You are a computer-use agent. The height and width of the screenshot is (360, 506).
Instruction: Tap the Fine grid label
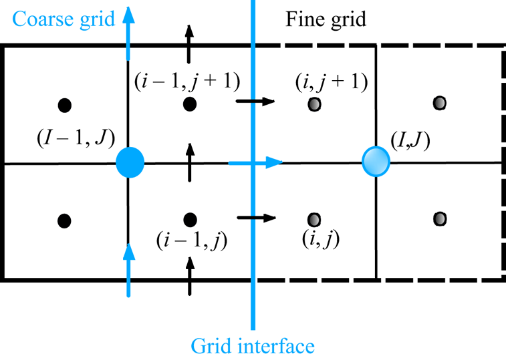pyautogui.click(x=326, y=19)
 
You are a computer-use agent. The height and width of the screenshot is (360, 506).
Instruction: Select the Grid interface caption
pyautogui.click(x=252, y=346)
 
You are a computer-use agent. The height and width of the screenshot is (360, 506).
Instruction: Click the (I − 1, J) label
pyautogui.click(x=75, y=140)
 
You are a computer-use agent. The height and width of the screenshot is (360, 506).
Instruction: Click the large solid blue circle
pyautogui.click(x=130, y=162)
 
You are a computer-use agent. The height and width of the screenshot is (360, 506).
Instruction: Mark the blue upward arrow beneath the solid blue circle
pyautogui.click(x=128, y=267)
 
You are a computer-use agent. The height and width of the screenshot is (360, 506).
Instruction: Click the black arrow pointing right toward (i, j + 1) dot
pyautogui.click(x=255, y=102)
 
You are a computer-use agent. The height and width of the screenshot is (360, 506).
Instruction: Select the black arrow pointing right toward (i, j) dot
pyautogui.click(x=256, y=217)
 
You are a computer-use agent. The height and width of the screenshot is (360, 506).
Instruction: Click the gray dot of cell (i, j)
pyautogui.click(x=314, y=218)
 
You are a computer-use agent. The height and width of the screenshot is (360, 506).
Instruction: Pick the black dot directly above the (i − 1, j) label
pyautogui.click(x=190, y=218)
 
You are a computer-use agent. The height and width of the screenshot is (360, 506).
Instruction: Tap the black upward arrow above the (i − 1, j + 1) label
pyautogui.click(x=189, y=43)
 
